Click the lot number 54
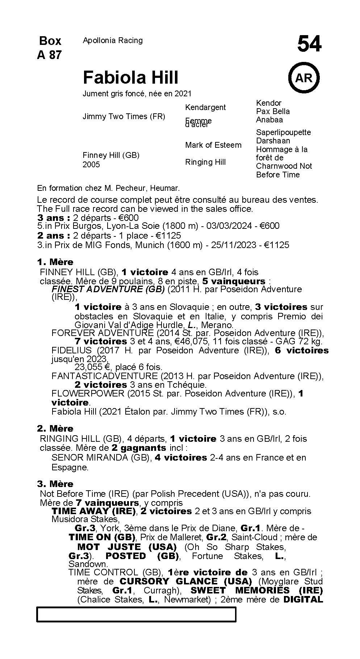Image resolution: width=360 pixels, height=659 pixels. tap(309, 45)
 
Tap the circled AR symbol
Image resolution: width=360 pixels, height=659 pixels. tap(304, 78)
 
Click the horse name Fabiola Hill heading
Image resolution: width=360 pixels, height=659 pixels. tap(130, 77)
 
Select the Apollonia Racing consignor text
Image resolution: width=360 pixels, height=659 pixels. tap(113, 41)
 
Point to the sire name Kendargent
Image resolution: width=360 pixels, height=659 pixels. tap(205, 107)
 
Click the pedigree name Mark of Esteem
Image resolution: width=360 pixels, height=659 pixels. tap(213, 145)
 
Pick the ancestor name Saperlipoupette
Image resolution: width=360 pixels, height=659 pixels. tap(283, 132)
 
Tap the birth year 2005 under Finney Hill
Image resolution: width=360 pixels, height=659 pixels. tap(91, 165)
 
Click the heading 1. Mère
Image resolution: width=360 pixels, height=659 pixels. tap(55, 262)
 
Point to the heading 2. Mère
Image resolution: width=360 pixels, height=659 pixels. tap(55, 428)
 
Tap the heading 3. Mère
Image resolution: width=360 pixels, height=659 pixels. tap(55, 484)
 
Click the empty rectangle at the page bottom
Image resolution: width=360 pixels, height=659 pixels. tap(136, 614)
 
